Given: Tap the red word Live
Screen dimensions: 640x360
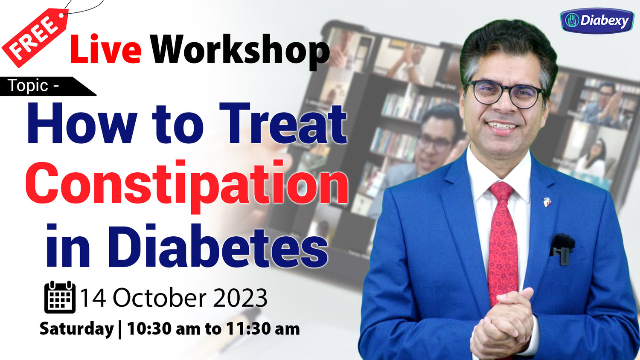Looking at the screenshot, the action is click(106, 49).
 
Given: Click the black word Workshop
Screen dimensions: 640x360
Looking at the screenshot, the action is click(240, 52).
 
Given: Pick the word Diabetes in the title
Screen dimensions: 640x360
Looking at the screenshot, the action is click(218, 246).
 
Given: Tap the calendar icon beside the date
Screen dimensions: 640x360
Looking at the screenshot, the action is click(60, 297).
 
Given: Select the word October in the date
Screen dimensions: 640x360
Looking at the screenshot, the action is click(161, 298).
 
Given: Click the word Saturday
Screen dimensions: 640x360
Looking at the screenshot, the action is click(76, 328).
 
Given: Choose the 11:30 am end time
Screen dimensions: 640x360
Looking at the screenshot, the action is click(263, 328).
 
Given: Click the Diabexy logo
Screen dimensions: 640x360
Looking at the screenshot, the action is click(596, 21).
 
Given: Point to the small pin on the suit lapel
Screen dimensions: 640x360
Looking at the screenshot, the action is click(547, 202).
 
